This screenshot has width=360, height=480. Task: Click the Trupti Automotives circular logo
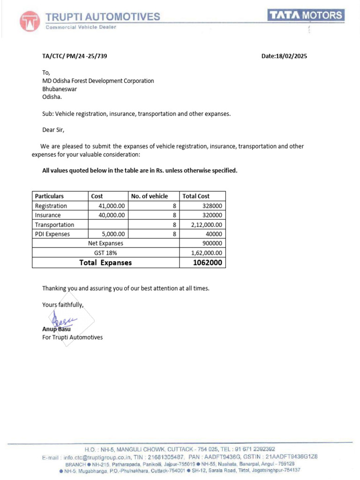click(x=30, y=21)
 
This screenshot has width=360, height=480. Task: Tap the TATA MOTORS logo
click(x=306, y=15)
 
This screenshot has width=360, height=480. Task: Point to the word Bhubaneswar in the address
click(x=60, y=89)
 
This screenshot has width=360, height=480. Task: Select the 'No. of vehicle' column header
click(x=149, y=196)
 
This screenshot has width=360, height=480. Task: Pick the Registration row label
click(x=51, y=206)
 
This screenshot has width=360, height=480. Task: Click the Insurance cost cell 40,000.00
click(x=112, y=215)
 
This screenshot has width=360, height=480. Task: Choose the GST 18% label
click(x=105, y=253)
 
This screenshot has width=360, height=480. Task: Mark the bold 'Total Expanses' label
click(x=105, y=262)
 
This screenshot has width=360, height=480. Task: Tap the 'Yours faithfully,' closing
click(x=63, y=305)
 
